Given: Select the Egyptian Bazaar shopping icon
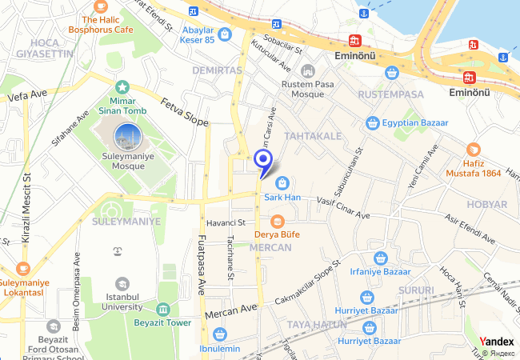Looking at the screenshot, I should [372, 123].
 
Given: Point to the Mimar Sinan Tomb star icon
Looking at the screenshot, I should [122, 86].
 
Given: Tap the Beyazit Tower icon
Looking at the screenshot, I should [163, 310].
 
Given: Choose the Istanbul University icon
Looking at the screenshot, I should [122, 284].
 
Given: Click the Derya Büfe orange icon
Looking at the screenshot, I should [277, 221].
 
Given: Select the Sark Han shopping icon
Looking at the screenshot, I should [282, 183].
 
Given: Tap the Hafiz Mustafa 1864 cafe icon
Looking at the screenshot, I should [474, 150].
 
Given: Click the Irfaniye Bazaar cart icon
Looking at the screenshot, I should [381, 258].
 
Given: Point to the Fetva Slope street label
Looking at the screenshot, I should [185, 112].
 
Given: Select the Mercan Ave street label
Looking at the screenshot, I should [231, 310].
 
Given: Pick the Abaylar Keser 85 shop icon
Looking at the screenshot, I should [225, 34].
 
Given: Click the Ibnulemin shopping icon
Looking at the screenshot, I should [220, 334].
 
